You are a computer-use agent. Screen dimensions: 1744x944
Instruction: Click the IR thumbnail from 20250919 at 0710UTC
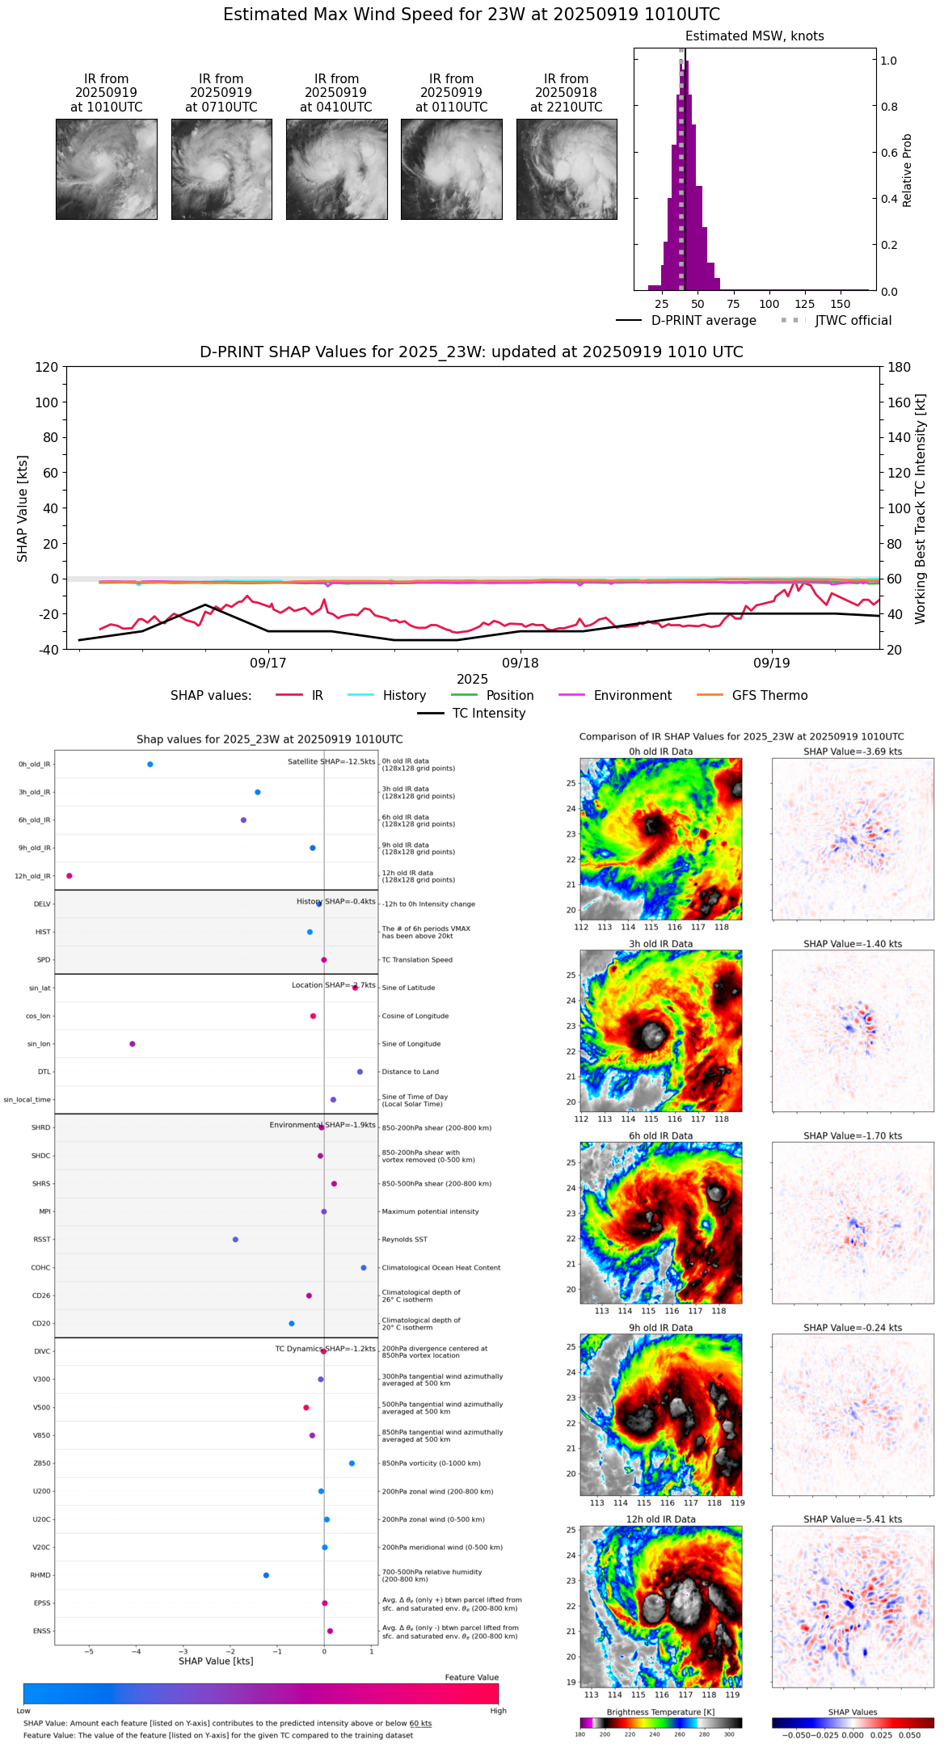tap(221, 169)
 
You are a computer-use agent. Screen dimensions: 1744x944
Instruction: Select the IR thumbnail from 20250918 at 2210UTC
tap(567, 169)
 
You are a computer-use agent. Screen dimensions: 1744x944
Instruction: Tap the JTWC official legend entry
tap(853, 321)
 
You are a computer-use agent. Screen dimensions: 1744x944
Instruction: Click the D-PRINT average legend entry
tap(703, 321)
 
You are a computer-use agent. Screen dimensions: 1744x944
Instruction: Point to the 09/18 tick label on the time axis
tap(520, 663)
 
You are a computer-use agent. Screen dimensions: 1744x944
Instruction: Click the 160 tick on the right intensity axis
tap(900, 402)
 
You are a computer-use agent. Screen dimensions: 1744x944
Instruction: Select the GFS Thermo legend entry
tap(769, 696)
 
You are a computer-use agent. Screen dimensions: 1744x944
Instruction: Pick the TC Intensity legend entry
tap(488, 714)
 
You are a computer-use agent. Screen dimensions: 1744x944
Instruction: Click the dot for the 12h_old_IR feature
tap(70, 876)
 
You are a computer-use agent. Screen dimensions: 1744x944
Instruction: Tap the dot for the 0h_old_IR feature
tap(150, 765)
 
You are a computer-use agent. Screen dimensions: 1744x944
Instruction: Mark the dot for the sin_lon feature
tap(133, 1044)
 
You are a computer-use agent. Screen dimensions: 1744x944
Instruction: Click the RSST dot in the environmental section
tap(235, 1240)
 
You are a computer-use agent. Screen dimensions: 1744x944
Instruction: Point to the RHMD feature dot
tap(266, 1575)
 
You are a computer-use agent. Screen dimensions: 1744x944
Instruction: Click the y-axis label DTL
tap(44, 1072)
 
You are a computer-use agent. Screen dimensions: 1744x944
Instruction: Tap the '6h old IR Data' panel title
tap(660, 1136)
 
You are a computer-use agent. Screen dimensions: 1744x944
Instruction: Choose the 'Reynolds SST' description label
tap(404, 1240)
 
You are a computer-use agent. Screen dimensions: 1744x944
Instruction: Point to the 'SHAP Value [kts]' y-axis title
tap(23, 508)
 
